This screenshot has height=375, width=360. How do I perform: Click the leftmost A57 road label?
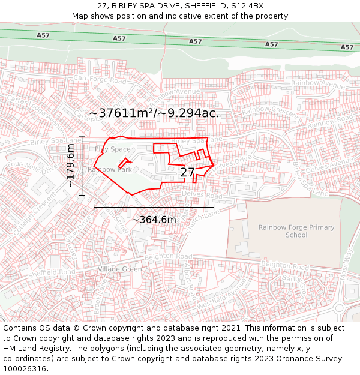43,35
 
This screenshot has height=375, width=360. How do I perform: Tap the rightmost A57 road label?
347,47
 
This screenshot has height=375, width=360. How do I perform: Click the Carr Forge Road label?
100,80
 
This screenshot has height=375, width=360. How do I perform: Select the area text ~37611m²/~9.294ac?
154,113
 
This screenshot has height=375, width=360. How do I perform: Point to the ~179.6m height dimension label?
71,166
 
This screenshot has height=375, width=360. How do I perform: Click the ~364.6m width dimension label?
154,220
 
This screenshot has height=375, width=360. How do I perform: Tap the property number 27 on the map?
188,172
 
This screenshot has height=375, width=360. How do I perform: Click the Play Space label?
112,149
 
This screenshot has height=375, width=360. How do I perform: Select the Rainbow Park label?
109,170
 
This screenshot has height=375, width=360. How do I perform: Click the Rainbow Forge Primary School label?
288,231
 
